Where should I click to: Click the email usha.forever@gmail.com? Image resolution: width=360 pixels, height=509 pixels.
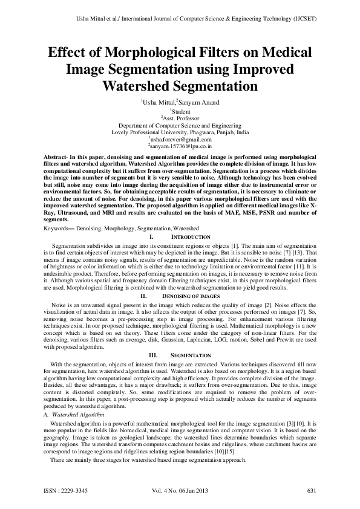click(x=181, y=139)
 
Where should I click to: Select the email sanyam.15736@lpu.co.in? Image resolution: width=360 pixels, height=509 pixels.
click(x=181, y=146)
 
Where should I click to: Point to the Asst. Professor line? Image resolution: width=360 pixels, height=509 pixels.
click(x=181, y=117)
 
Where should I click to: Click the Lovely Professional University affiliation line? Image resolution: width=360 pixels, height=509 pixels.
click(x=180, y=132)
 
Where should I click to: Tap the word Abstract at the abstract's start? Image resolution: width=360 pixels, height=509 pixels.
click(x=58, y=156)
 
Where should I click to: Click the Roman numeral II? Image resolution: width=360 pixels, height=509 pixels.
click(x=144, y=296)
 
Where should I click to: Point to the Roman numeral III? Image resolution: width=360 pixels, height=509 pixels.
click(x=152, y=355)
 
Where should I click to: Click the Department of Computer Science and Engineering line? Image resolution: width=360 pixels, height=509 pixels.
click(x=180, y=125)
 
